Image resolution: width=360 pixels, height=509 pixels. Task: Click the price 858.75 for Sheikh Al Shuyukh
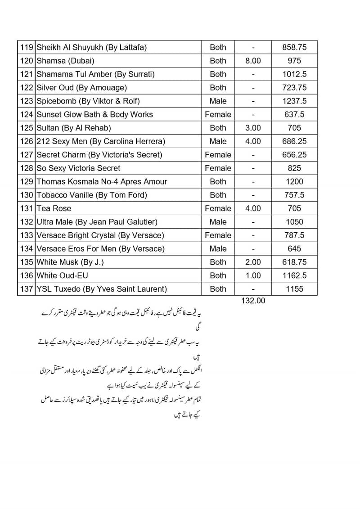(x=294, y=47)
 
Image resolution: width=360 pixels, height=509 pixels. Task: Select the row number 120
(x=27, y=61)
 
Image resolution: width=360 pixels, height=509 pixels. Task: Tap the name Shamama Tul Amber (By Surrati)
(x=95, y=74)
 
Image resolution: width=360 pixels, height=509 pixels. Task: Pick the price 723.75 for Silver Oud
(x=294, y=88)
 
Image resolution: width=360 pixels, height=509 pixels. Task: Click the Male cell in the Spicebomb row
(x=218, y=101)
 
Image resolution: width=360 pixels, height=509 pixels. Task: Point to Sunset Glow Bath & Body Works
(x=94, y=114)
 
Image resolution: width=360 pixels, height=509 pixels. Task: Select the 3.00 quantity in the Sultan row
(x=253, y=128)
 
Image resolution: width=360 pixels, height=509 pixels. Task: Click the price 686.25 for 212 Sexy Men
(x=294, y=141)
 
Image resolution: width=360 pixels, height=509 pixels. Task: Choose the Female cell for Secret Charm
(x=218, y=155)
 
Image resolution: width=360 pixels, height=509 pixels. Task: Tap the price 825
(x=294, y=168)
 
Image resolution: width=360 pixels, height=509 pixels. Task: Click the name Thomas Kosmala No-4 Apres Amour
(x=102, y=181)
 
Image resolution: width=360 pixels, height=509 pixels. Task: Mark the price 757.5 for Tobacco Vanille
(x=294, y=195)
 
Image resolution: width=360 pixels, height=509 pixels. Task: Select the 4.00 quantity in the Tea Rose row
(x=253, y=208)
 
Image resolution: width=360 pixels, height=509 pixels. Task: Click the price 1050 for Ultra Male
(x=294, y=222)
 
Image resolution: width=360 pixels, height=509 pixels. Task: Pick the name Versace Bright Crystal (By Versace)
(x=100, y=235)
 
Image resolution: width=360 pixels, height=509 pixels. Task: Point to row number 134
(x=27, y=248)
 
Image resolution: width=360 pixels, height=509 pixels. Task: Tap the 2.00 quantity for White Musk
(x=253, y=262)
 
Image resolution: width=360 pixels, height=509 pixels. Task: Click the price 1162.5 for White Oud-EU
(x=294, y=275)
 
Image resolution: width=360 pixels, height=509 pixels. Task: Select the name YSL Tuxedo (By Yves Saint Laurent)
(x=102, y=289)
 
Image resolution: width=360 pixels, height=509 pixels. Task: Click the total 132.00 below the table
(x=253, y=301)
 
